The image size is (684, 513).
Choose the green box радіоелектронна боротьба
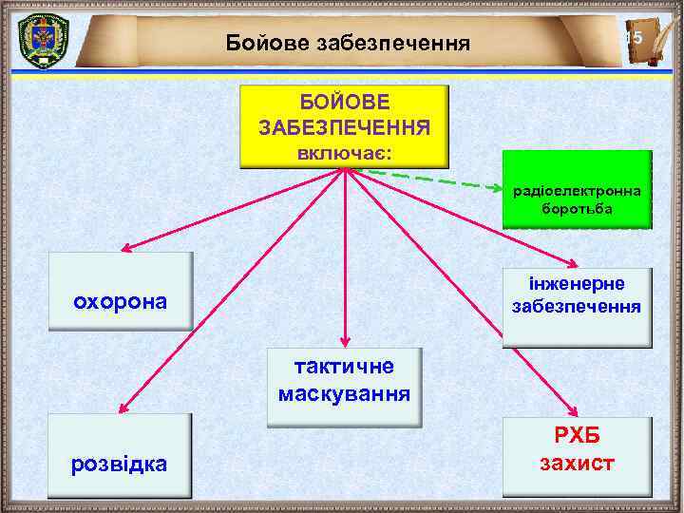pos(577,190)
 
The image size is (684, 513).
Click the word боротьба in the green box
pos(577,206)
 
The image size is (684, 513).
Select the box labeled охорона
pos(121,291)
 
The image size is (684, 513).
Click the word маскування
pos(344,393)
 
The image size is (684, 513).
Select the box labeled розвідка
pos(121,456)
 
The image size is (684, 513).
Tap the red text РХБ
pos(577,440)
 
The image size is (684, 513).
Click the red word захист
pos(577,464)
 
